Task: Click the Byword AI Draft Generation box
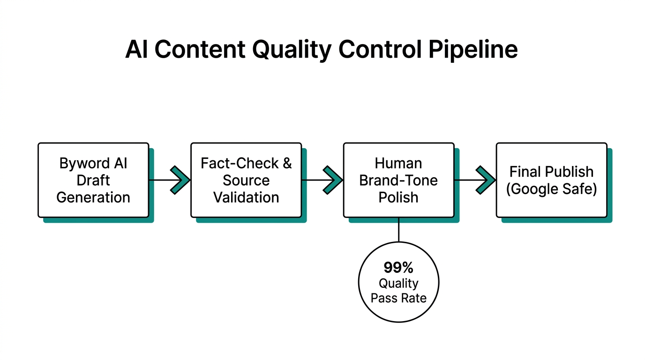coord(93,180)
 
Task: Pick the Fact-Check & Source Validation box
coord(246,180)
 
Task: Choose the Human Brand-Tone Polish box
coord(398,180)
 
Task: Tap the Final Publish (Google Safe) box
coord(552,180)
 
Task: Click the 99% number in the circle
coord(398,268)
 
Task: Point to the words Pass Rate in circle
coord(398,298)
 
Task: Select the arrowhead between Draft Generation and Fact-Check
coord(179,180)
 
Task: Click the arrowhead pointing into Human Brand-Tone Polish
coord(332,180)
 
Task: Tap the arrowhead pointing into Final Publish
coord(485,180)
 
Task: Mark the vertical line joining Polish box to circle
coord(398,230)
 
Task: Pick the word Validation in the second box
coord(246,197)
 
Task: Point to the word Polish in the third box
coord(398,197)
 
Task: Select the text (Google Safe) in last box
coord(552,189)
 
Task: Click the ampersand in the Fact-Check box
coord(286,163)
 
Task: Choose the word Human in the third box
coord(398,163)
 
